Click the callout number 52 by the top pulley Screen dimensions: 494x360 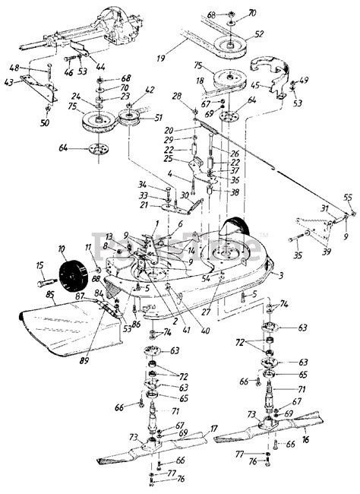[259, 34]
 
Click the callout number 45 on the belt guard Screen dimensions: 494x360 [256, 85]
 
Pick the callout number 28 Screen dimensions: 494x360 [177, 95]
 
